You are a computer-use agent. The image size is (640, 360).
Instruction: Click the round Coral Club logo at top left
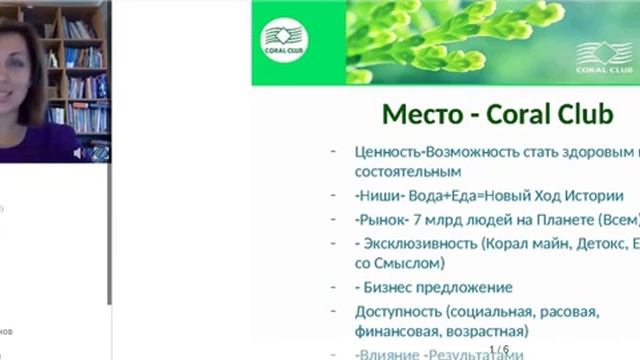pos(284,41)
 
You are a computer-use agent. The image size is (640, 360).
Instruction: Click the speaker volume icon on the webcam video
pos(78,153)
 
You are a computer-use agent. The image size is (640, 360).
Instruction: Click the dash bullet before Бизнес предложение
pos(333,287)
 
